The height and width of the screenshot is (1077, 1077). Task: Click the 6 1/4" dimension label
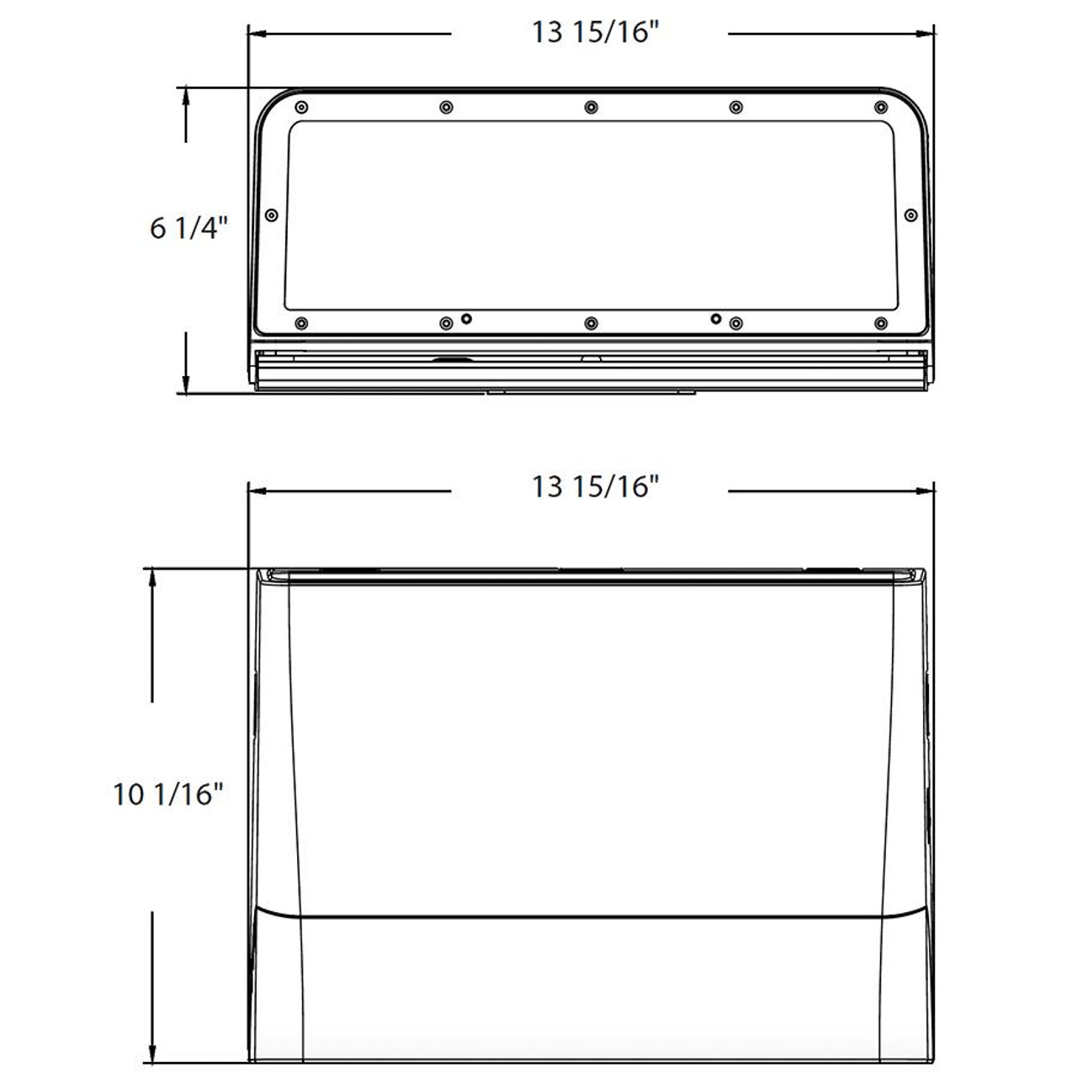(188, 228)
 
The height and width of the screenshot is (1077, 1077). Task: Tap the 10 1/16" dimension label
(168, 793)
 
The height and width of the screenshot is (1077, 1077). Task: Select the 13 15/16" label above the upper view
(593, 33)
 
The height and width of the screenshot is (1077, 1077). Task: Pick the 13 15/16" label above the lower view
(593, 486)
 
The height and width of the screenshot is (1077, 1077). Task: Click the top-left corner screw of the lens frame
(302, 107)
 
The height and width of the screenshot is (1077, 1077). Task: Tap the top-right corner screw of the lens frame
(881, 107)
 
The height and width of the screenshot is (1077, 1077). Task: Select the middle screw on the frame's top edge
(592, 107)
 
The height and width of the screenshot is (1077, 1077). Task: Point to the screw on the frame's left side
(271, 215)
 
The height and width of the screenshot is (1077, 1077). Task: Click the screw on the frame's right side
(910, 215)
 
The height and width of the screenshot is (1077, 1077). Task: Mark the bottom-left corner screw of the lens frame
(302, 323)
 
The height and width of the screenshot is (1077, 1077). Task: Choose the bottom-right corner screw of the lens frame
(881, 323)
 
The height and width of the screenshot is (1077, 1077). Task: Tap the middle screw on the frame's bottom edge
(592, 323)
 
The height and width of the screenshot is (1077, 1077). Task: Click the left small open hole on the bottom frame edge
(468, 318)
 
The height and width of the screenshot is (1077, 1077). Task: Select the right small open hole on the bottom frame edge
(715, 318)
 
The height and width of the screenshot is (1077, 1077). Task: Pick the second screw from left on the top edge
(446, 107)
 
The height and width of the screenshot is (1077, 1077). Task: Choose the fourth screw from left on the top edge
(736, 107)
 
